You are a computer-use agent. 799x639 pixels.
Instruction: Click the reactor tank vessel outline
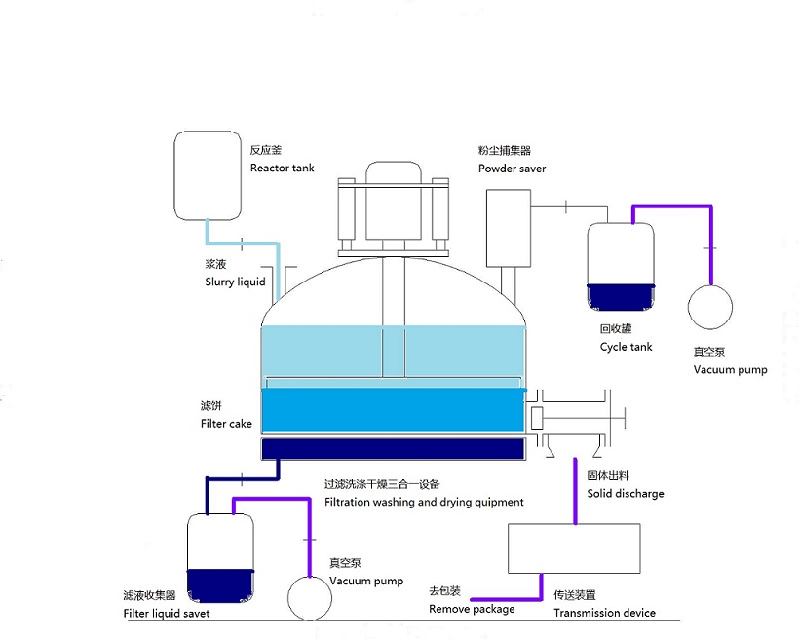(174, 175)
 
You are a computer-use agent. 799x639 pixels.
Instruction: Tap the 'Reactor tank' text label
(282, 169)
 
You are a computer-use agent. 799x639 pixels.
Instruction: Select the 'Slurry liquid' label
(235, 282)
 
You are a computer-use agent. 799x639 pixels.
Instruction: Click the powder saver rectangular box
(508, 228)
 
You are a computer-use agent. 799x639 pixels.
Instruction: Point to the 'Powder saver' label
(512, 169)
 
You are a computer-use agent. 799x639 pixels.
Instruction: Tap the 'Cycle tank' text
(626, 347)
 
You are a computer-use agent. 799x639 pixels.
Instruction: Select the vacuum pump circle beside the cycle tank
(710, 307)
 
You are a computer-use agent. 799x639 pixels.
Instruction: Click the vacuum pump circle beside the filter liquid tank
(310, 598)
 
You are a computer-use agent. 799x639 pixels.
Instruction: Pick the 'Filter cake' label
(226, 424)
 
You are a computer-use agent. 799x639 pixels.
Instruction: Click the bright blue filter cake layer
(393, 410)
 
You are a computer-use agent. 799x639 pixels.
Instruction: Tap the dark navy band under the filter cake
(393, 449)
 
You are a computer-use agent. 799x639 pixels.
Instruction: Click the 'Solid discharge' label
(626, 494)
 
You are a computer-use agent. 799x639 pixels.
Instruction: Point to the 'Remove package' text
(472, 609)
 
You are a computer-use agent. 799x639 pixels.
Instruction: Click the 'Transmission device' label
(604, 613)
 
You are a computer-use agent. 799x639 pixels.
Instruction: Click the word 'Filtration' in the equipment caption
(347, 502)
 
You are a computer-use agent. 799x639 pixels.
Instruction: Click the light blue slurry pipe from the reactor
(243, 244)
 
